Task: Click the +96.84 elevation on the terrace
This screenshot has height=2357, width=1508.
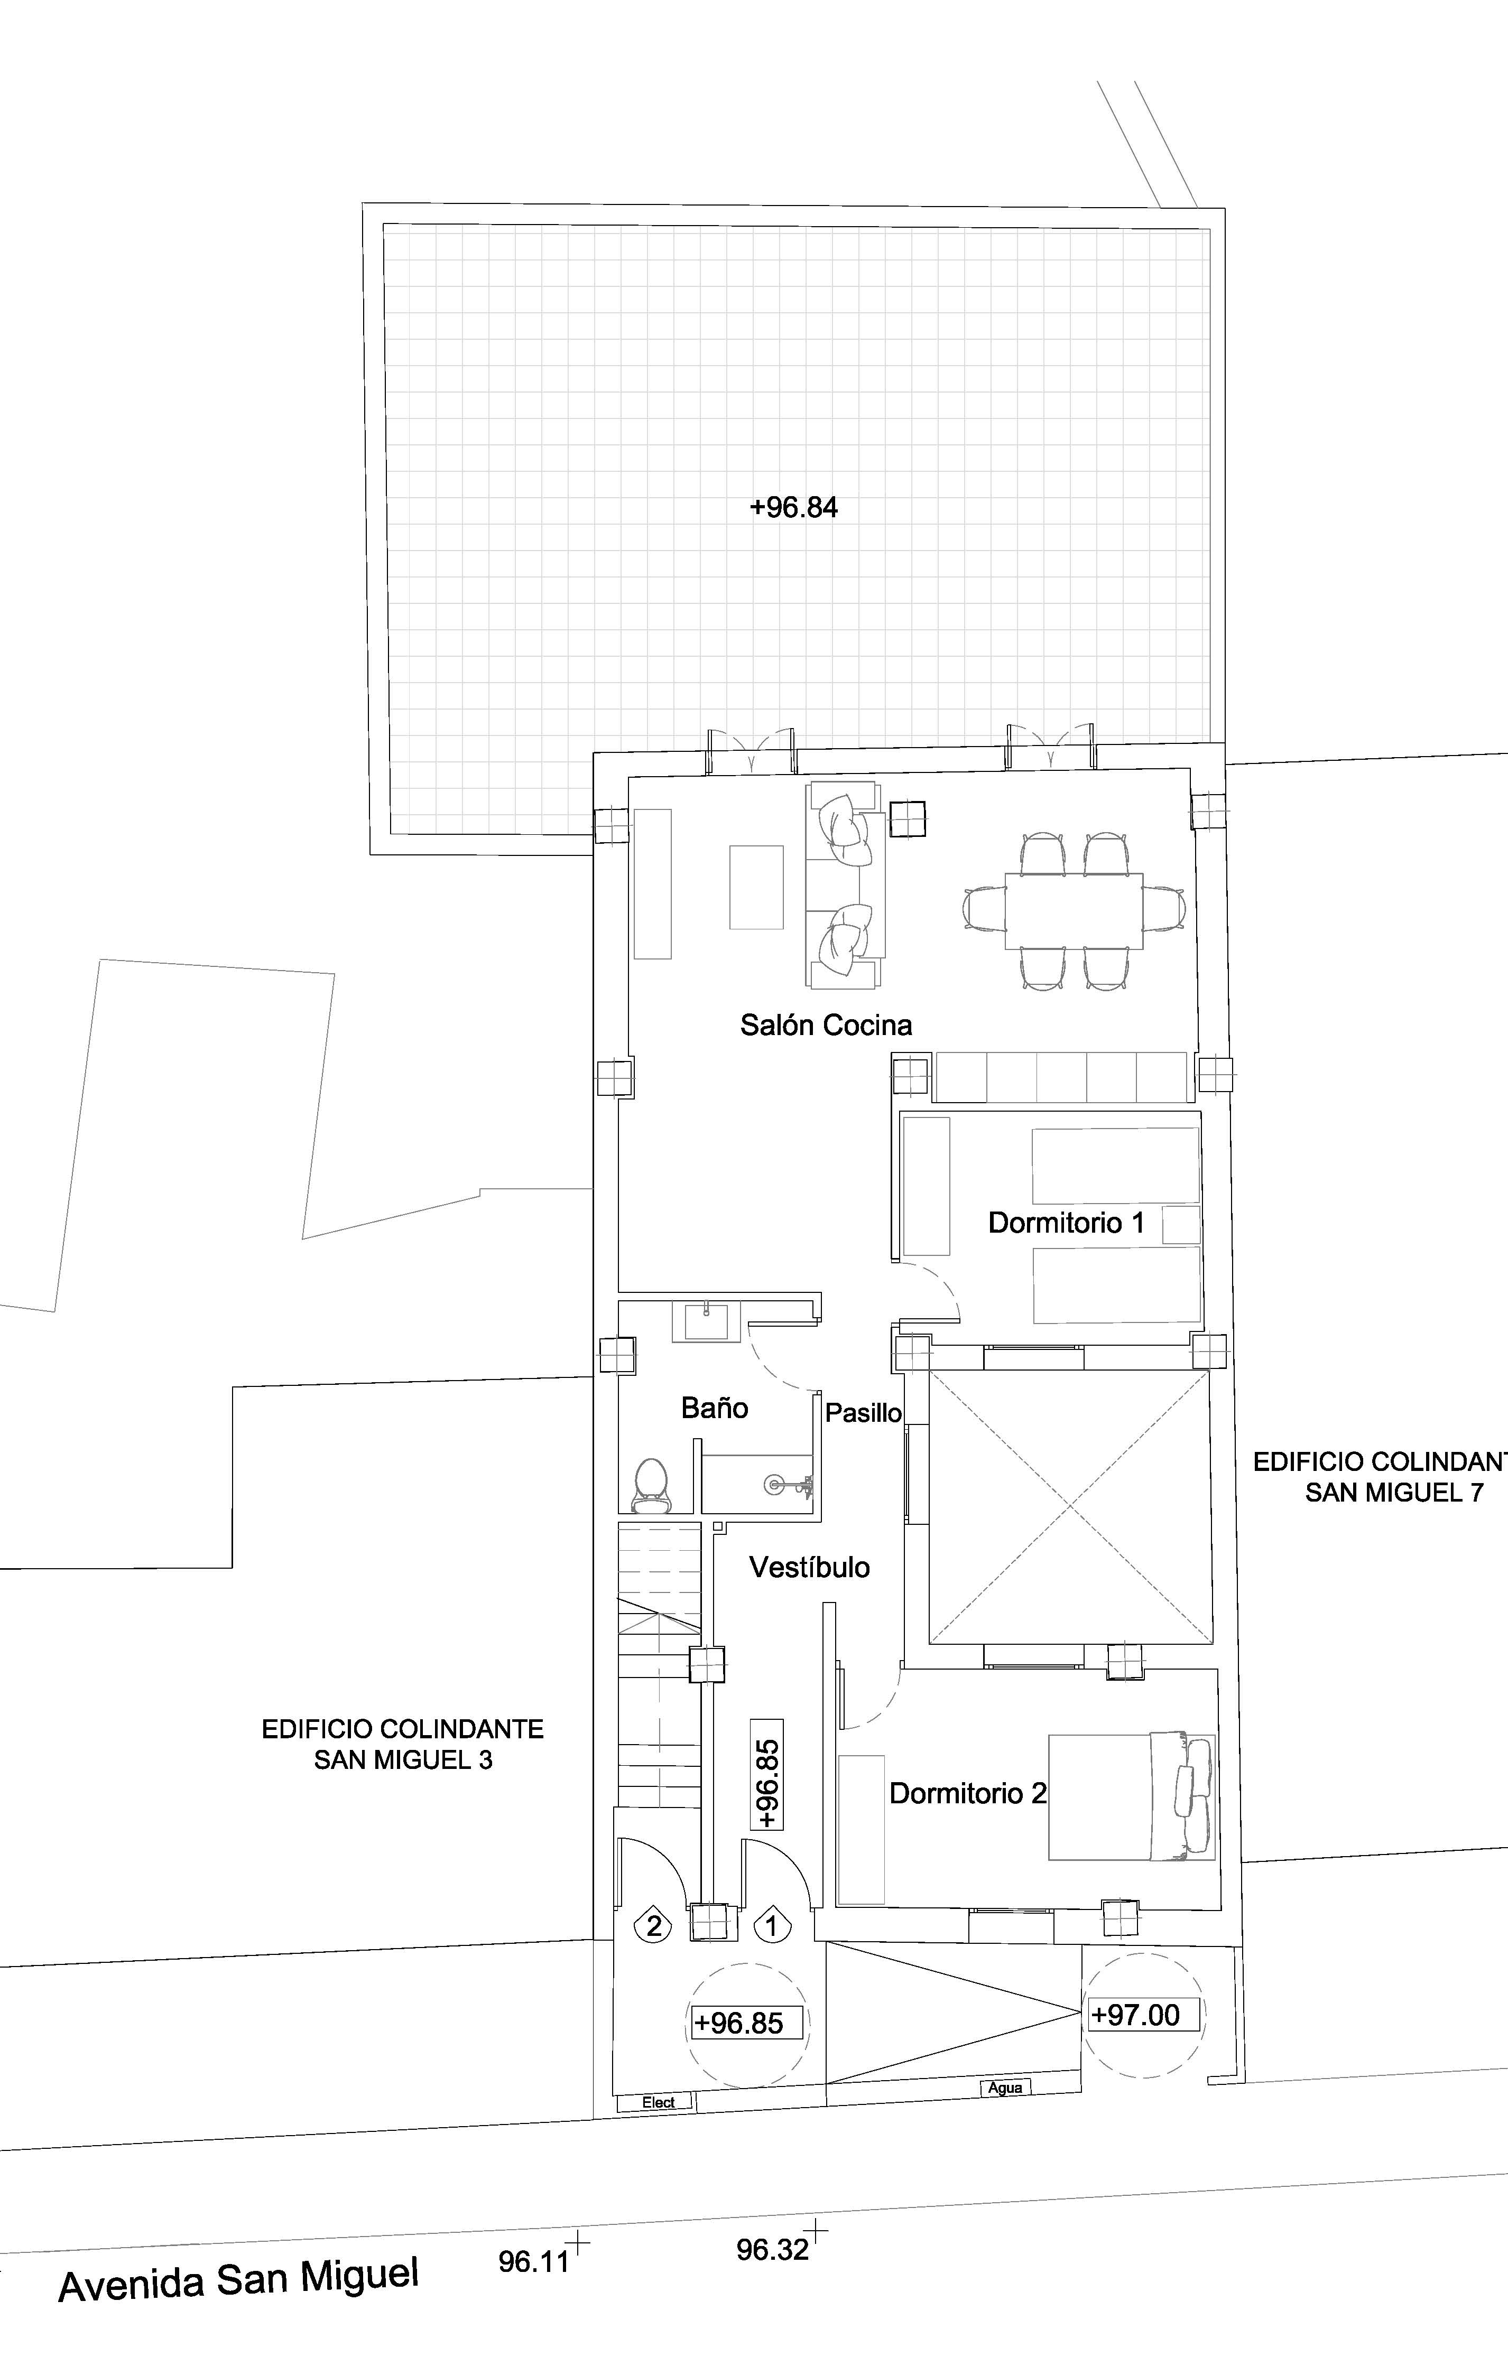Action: pos(793,508)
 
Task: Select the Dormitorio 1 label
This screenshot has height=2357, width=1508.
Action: pos(1066,1223)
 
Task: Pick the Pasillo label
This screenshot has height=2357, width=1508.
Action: pos(863,1412)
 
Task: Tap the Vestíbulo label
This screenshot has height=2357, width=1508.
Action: pos(810,1567)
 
